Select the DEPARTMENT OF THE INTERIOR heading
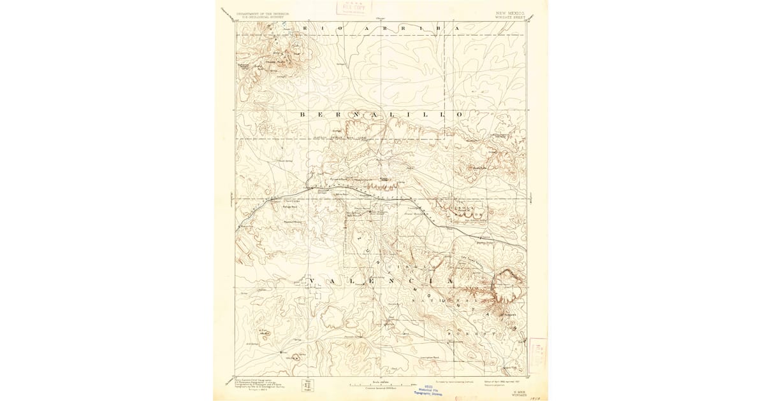pos(261,12)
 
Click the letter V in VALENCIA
pos(312,281)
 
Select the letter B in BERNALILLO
pos(303,114)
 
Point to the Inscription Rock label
pos(427,358)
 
